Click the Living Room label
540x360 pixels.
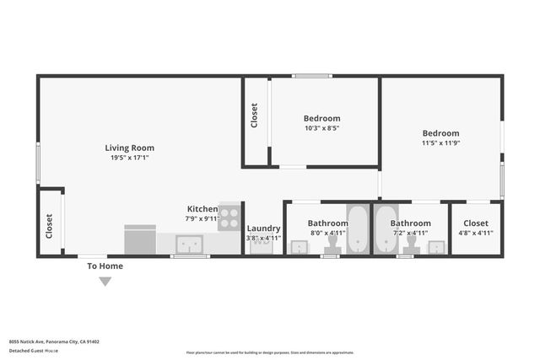pyautogui.click(x=129, y=148)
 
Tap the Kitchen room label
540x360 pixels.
pyautogui.click(x=202, y=208)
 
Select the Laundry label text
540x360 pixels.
pyautogui.click(x=263, y=228)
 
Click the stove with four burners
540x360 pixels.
pyautogui.click(x=229, y=214)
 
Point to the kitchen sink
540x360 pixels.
pyautogui.click(x=188, y=244)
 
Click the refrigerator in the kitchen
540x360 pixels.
pyautogui.click(x=139, y=239)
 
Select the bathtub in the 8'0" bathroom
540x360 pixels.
pyautogui.click(x=359, y=229)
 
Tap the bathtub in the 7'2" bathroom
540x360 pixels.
pyautogui.click(x=386, y=229)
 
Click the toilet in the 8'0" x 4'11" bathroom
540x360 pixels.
pyautogui.click(x=332, y=244)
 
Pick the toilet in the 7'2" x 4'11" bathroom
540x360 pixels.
pyautogui.click(x=412, y=244)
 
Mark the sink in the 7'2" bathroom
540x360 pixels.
pyautogui.click(x=435, y=247)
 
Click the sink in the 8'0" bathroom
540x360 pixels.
pyautogui.click(x=299, y=247)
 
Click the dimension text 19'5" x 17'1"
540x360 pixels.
pyautogui.click(x=129, y=158)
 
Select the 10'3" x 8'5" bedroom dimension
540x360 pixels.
pyautogui.click(x=321, y=129)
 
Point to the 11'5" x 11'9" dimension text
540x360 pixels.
pyautogui.click(x=440, y=143)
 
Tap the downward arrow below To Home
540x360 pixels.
pyautogui.click(x=105, y=282)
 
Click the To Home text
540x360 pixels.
pyautogui.click(x=105, y=266)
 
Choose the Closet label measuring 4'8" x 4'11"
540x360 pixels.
pyautogui.click(x=476, y=223)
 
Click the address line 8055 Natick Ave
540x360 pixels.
pyautogui.click(x=54, y=341)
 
